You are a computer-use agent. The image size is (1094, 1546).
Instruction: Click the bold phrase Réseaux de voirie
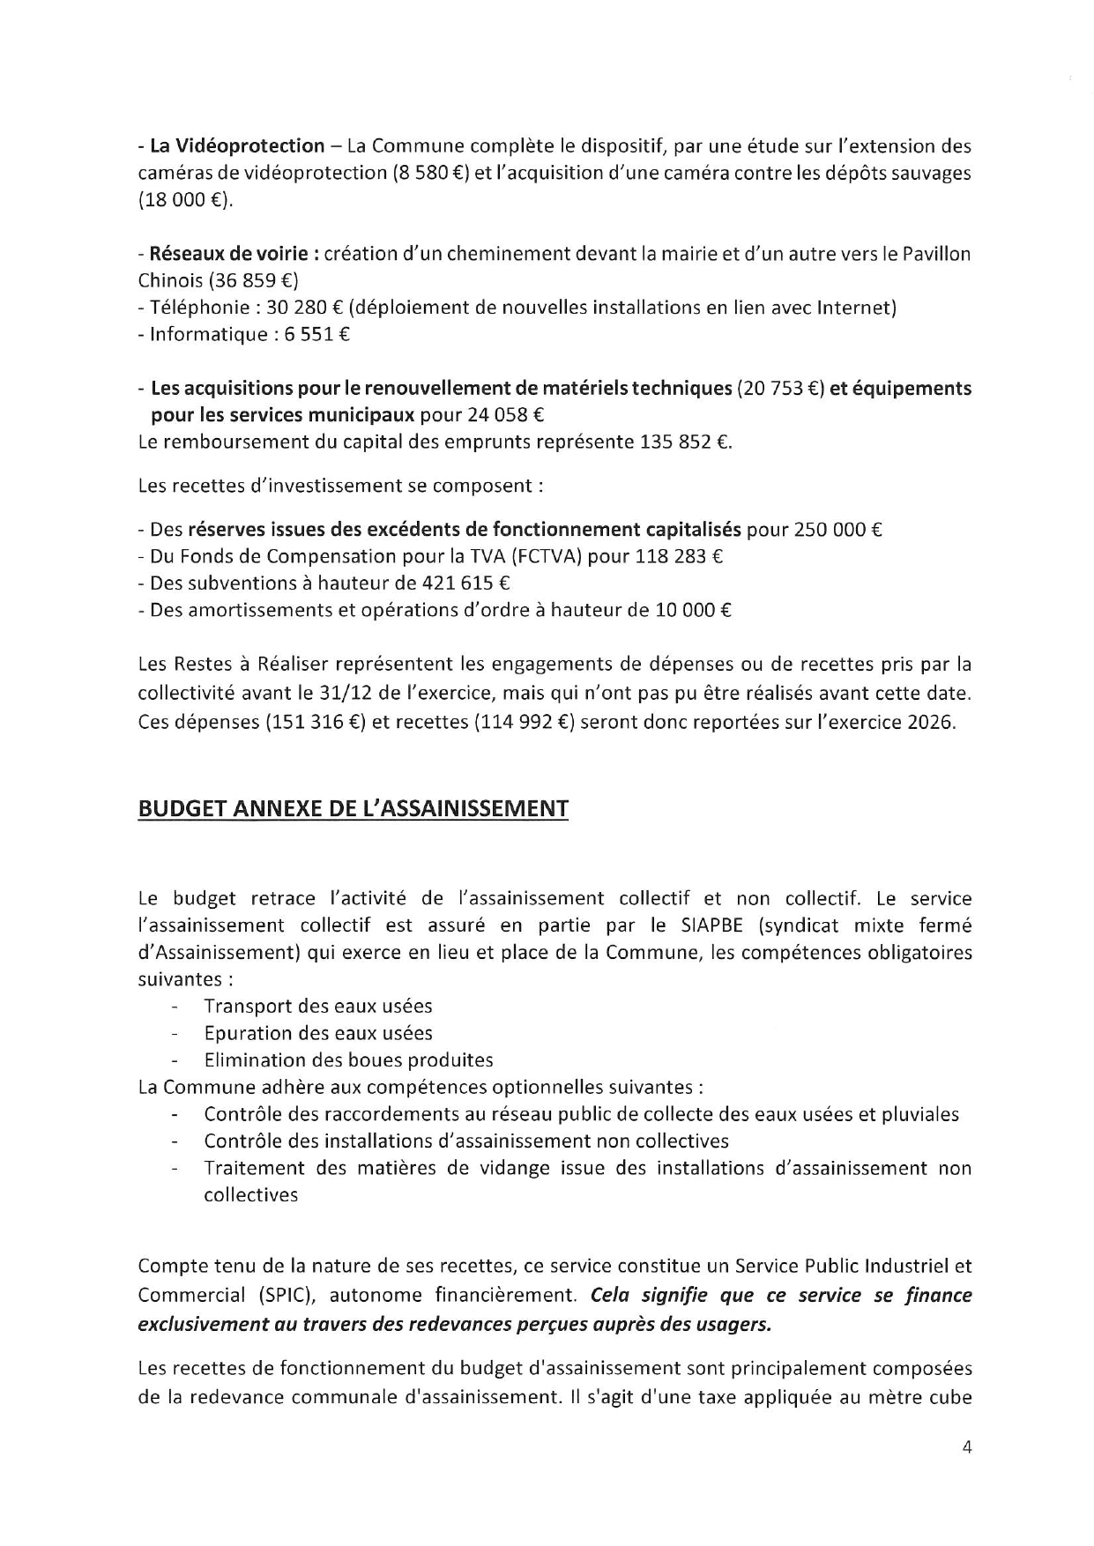click(228, 254)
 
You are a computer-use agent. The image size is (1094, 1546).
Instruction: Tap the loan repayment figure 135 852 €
click(683, 442)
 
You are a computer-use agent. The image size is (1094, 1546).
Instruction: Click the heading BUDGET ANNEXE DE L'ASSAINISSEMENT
click(353, 808)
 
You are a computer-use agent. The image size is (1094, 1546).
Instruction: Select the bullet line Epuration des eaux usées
click(317, 1033)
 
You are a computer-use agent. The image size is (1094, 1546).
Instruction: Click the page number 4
click(967, 1447)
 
